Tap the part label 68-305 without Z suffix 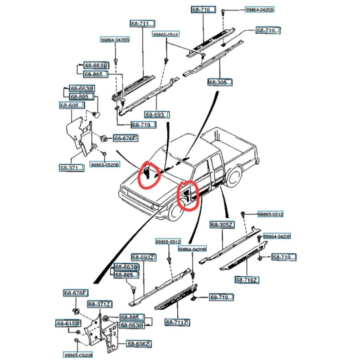pyautogui.click(x=220, y=83)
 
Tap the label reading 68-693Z pyautogui.click(x=144, y=257)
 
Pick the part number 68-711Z pyautogui.click(x=177, y=322)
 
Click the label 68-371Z pyautogui.click(x=99, y=305)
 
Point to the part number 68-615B pyautogui.click(x=68, y=323)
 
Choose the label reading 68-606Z pyautogui.click(x=138, y=344)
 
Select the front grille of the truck pyautogui.click(x=135, y=200)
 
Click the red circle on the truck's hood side pyautogui.click(x=149, y=174)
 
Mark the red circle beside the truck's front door pyautogui.click(x=188, y=195)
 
